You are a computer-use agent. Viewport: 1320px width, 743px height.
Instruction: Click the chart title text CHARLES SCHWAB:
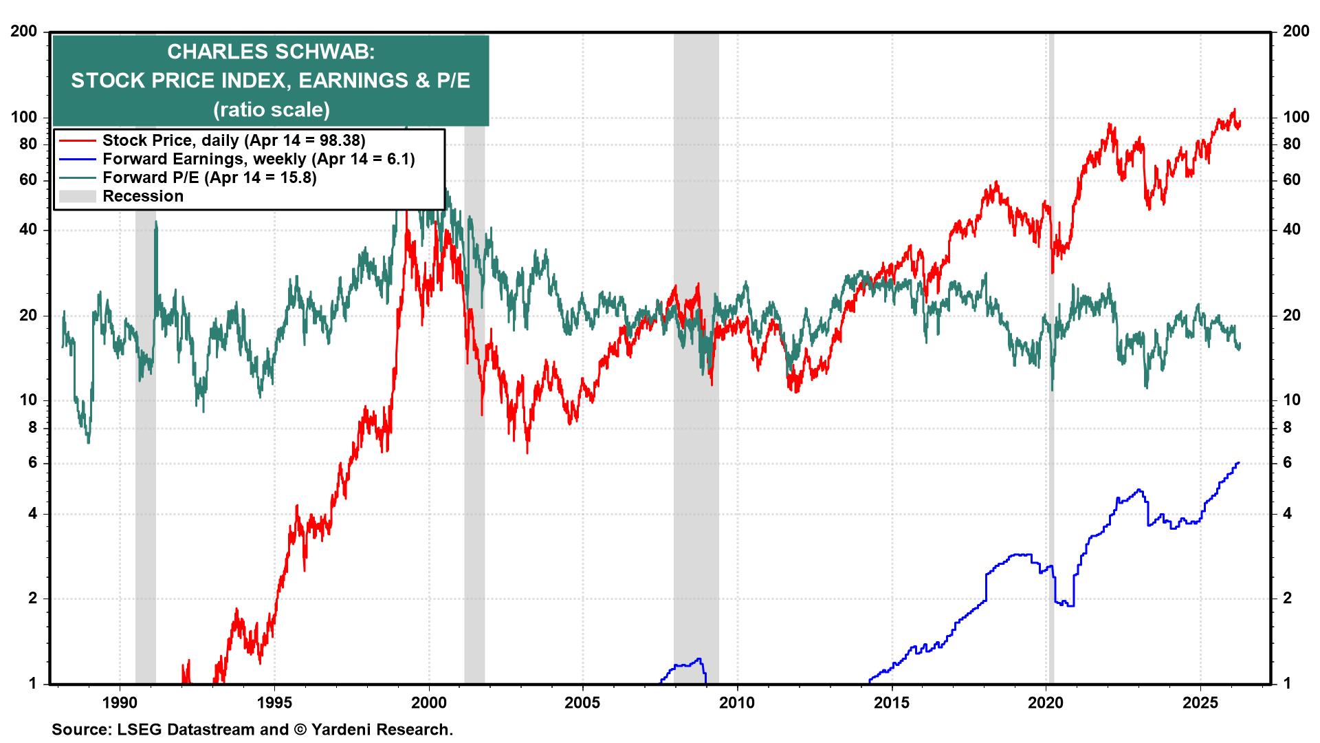(x=271, y=52)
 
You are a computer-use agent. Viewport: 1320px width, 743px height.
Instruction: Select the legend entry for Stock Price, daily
(x=234, y=140)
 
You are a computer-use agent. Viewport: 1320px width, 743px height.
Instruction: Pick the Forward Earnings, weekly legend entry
(x=258, y=159)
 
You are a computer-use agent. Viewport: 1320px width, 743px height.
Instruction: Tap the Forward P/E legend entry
(x=209, y=177)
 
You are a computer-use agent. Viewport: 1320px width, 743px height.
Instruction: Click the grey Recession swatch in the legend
(x=76, y=197)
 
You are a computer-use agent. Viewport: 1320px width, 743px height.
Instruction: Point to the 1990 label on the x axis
(x=120, y=704)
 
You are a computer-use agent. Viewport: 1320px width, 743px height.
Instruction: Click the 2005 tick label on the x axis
(x=583, y=704)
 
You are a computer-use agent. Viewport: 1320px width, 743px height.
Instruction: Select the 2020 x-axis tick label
(x=1046, y=704)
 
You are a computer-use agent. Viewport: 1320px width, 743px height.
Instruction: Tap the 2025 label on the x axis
(x=1200, y=704)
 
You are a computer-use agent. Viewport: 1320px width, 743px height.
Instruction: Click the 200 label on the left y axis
(x=25, y=32)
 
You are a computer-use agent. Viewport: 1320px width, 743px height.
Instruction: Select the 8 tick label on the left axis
(x=31, y=428)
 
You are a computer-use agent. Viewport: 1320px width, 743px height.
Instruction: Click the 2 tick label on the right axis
(x=1288, y=599)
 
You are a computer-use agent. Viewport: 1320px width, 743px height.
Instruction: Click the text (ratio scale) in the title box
(x=271, y=109)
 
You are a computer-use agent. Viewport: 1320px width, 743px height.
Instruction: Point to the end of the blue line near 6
(x=1238, y=463)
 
